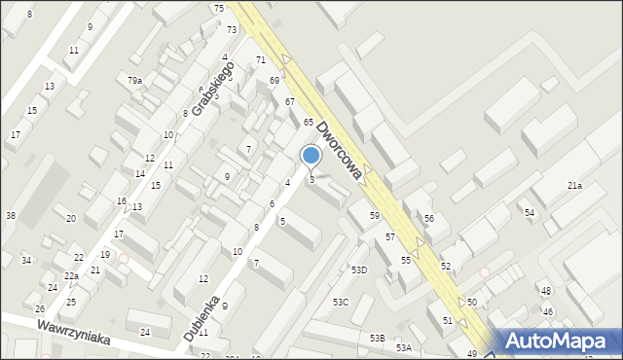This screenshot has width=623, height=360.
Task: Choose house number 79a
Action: [134, 81]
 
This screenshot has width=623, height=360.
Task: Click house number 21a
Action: [574, 185]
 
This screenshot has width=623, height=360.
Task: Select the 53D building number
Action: [359, 270]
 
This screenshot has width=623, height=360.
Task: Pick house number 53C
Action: [340, 303]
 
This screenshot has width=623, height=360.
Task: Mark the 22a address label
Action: [72, 276]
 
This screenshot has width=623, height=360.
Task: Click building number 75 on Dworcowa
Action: [219, 8]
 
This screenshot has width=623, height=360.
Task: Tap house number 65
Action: [308, 122]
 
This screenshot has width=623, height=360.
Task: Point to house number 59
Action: [374, 215]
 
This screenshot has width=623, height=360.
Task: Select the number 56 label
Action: [428, 218]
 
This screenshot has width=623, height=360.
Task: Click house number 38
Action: [10, 215]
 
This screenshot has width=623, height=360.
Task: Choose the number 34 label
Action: [26, 260]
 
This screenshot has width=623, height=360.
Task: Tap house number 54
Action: [530, 212]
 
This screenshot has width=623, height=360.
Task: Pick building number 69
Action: [275, 80]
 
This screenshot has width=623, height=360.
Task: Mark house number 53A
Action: [403, 347]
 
